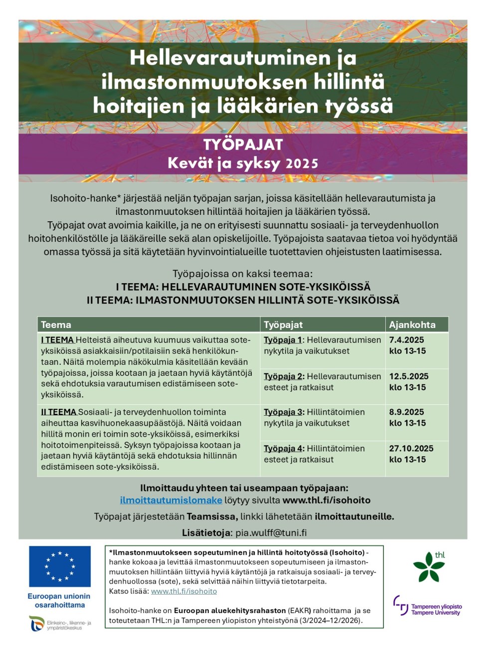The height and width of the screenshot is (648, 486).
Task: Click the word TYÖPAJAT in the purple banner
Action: coord(243,145)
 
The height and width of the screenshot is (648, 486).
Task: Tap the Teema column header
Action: coord(56,325)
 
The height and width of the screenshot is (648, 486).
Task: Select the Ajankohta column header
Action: coord(412,325)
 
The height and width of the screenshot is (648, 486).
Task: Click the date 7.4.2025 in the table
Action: coord(406,340)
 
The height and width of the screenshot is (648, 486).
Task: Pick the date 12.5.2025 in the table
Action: coord(409,376)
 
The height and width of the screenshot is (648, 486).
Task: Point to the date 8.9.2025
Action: coord(406,412)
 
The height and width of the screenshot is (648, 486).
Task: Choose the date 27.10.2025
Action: coord(411,449)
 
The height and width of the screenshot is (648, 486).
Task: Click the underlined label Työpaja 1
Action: coord(283,340)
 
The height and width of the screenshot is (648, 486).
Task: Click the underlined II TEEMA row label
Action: coord(59,412)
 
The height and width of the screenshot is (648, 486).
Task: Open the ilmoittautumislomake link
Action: coord(171,500)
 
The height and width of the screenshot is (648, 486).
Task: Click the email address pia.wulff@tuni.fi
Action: coord(271,533)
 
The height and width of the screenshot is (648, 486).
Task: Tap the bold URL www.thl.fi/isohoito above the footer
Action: coord(326,500)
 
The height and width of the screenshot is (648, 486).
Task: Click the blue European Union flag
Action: coord(60,566)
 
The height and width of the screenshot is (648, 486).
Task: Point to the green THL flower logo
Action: coord(429,567)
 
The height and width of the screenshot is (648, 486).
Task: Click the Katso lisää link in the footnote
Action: coord(184,591)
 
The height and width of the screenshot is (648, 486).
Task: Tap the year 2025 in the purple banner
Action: coord(302,163)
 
